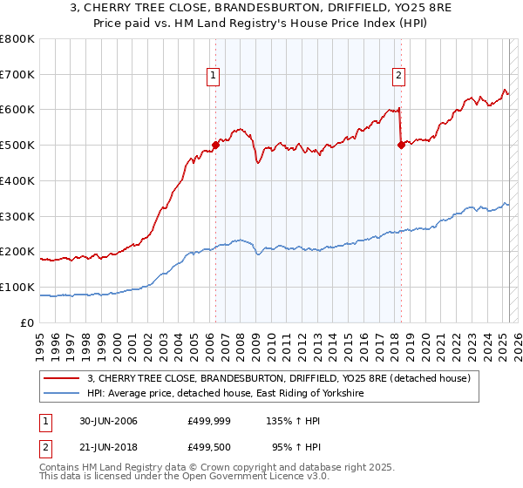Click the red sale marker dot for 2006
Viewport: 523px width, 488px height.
point(215,146)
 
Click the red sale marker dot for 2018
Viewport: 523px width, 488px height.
point(401,146)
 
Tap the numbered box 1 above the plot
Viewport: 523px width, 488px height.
point(214,76)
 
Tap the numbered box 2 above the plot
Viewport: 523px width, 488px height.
point(398,76)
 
